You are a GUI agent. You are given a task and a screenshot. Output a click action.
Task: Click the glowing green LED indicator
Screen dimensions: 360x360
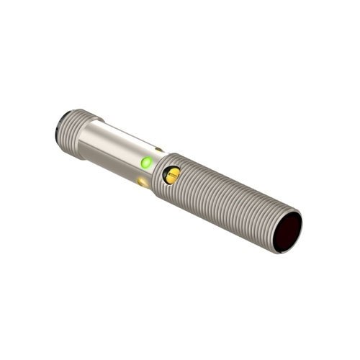[147, 162]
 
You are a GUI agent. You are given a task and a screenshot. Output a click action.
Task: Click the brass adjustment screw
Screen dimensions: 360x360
[172, 175]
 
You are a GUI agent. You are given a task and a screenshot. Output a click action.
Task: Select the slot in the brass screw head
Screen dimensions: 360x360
[172, 175]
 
